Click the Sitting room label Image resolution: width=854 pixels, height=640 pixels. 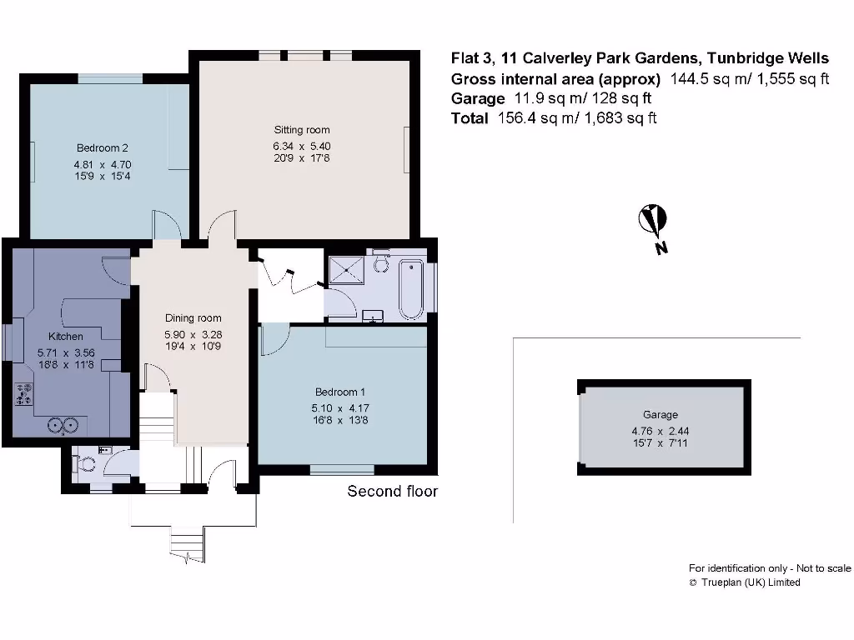coord(302,130)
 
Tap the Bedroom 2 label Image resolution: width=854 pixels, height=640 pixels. coord(102,149)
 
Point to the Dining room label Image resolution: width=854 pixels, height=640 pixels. coord(193,318)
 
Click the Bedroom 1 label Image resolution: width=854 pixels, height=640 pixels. coord(339,392)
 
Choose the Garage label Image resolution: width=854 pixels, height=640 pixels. coord(660,414)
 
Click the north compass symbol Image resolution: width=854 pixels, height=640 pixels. coord(652,221)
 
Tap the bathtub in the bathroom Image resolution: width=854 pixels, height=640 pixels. coord(410,289)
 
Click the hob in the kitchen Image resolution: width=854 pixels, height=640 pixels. coord(23,393)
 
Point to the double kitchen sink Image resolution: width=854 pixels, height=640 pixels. coord(64,425)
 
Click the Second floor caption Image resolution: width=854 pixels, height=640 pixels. coord(392,492)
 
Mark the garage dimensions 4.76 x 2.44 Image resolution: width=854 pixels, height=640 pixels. coord(660,431)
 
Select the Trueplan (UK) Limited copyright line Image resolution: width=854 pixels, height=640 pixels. coord(744,582)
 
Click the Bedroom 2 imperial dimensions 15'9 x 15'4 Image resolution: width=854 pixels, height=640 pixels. coord(102,177)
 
